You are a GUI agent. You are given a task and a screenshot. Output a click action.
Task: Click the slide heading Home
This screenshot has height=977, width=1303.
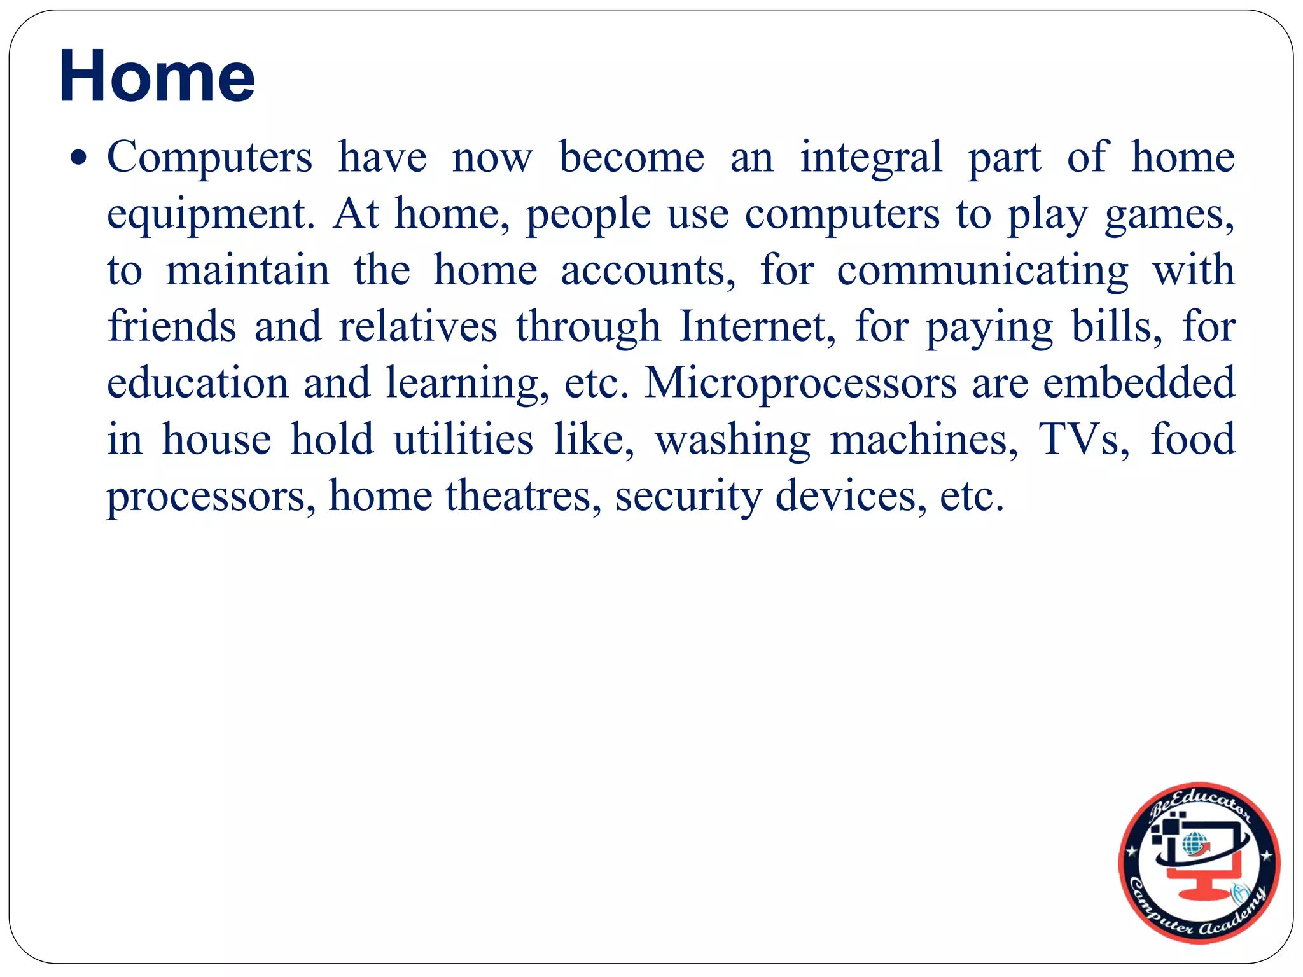click(x=157, y=76)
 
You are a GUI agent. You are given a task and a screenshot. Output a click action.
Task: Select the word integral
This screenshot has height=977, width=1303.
click(x=870, y=158)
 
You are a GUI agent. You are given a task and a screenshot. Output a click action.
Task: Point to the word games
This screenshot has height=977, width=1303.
click(x=1169, y=215)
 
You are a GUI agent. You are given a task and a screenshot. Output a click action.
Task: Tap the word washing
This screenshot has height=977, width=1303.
click(x=732, y=440)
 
